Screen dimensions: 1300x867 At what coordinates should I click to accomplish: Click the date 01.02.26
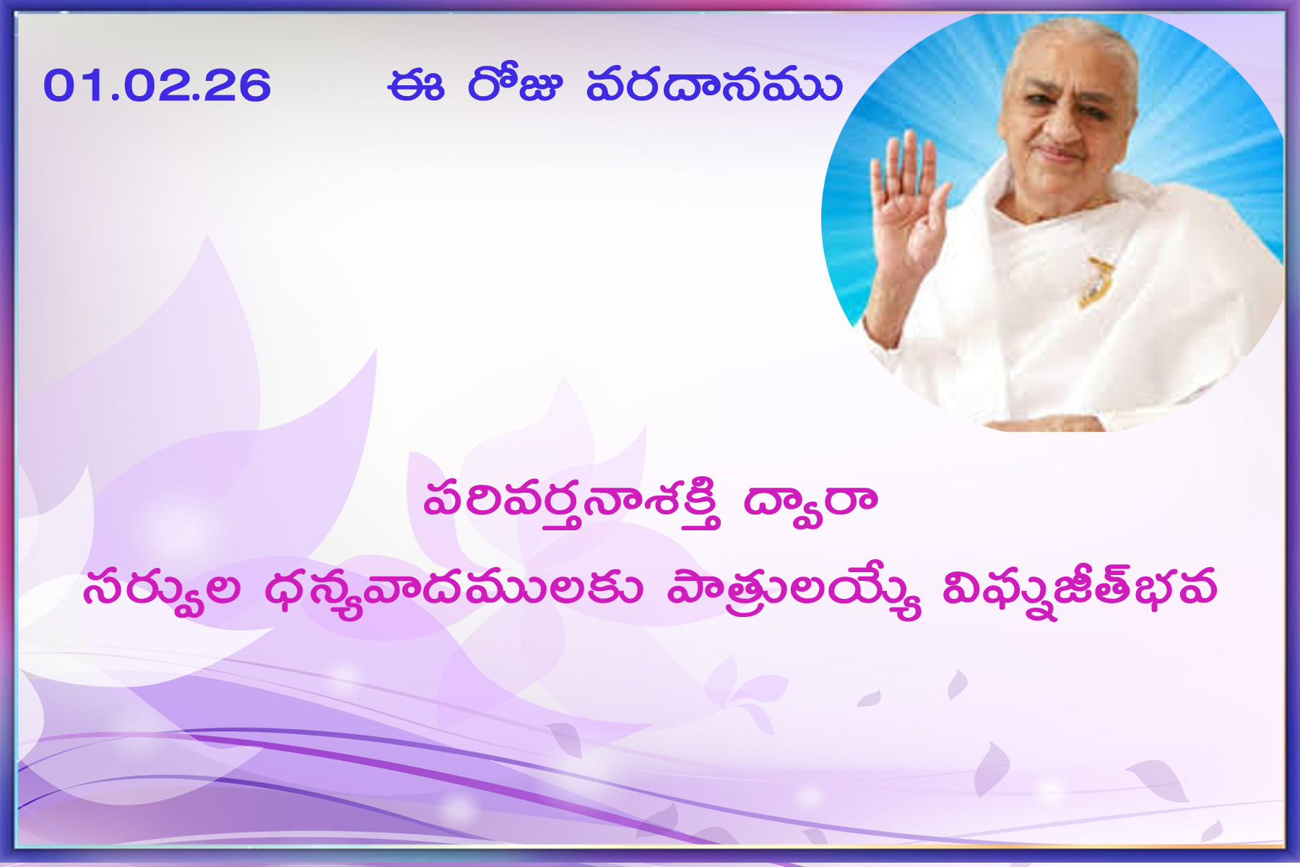[x=157, y=85]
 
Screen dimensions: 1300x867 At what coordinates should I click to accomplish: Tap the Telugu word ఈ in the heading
[x=415, y=85]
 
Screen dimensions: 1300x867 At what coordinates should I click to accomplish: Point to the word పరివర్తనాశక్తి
[x=572, y=502]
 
